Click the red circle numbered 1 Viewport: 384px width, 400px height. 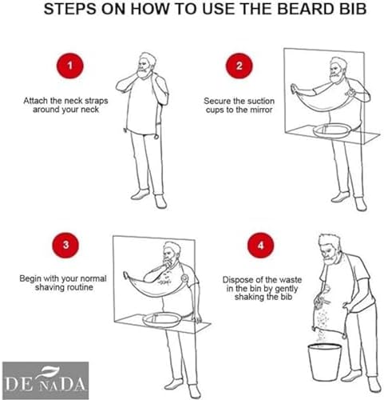pos(70,66)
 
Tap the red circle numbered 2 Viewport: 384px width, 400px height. pos(239,66)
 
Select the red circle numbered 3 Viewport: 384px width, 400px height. pos(65,245)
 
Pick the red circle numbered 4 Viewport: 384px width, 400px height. pos(260,246)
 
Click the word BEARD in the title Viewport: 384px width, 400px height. pos(306,9)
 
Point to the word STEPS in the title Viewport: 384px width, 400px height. pos(70,9)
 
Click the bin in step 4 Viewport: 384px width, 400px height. pos(325,362)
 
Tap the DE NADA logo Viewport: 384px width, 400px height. pos(46,380)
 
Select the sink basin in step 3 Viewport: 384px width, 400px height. pos(162,320)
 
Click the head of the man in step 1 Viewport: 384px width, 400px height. pos(146,66)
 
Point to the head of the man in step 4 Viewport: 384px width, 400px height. pos(331,250)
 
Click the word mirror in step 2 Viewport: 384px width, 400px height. pos(261,110)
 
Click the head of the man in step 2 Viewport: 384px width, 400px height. pos(338,70)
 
